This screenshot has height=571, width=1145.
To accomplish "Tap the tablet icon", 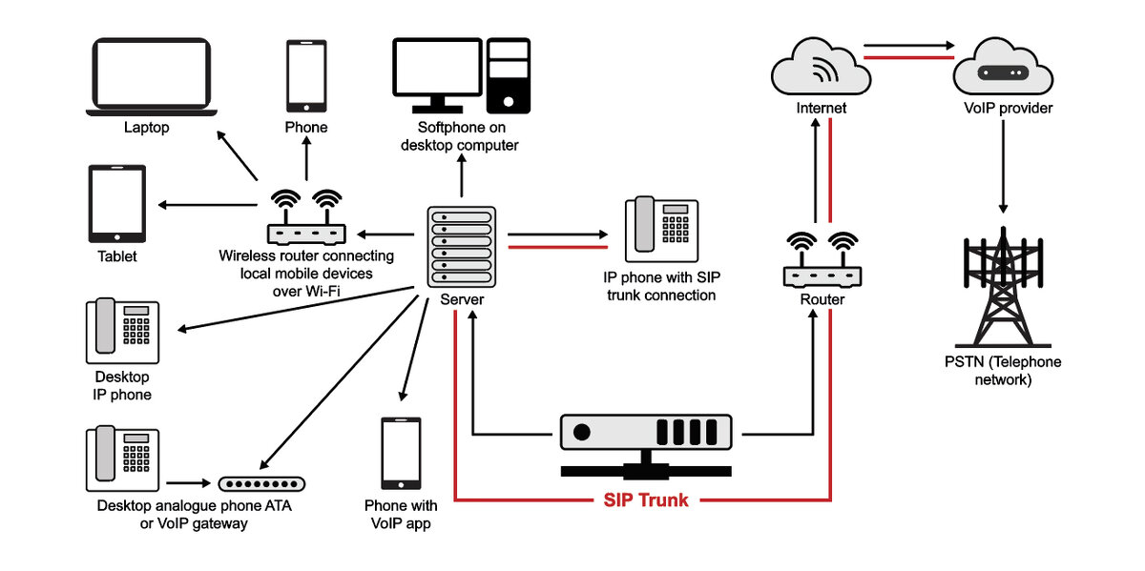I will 117,204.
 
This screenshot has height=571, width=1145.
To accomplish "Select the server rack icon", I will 463,245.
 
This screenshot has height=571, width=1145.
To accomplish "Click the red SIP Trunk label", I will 646,500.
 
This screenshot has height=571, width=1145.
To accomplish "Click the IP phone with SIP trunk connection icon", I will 662,231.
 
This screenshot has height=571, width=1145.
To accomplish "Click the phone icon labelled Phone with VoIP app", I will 401,454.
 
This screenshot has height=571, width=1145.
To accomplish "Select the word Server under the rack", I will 462,299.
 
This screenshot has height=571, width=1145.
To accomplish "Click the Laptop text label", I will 146,128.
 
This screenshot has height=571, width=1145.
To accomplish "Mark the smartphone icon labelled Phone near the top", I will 306,75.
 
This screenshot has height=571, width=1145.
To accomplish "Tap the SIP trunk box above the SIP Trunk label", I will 646,438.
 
